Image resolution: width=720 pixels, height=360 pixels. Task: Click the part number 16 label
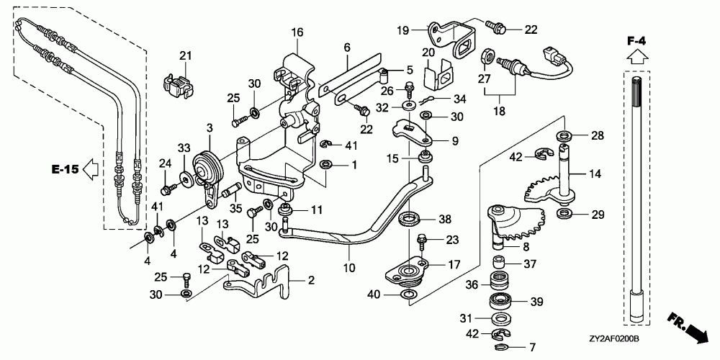pyautogui.click(x=297, y=32)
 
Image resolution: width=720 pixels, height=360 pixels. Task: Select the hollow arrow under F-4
pyautogui.click(x=636, y=56)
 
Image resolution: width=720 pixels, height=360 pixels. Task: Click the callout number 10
pyautogui.click(x=350, y=267)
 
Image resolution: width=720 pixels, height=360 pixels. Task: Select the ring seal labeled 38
pyautogui.click(x=408, y=218)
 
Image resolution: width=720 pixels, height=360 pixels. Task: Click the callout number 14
pyautogui.click(x=595, y=174)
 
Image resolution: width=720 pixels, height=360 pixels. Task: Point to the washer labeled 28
pyautogui.click(x=564, y=135)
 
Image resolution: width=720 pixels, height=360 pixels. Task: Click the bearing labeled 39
pyautogui.click(x=501, y=301)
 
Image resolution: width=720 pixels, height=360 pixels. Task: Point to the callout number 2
pyautogui.click(x=311, y=280)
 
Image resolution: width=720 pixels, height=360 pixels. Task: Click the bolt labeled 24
pyautogui.click(x=168, y=188)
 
